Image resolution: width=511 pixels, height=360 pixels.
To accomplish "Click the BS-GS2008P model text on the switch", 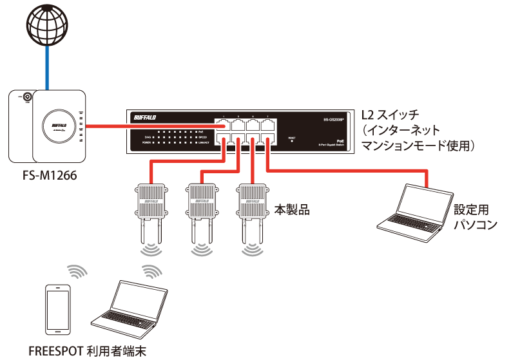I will click(337, 119).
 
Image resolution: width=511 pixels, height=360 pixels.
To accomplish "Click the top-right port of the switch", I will click(267, 126).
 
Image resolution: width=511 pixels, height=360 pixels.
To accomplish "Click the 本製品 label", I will click(289, 209).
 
